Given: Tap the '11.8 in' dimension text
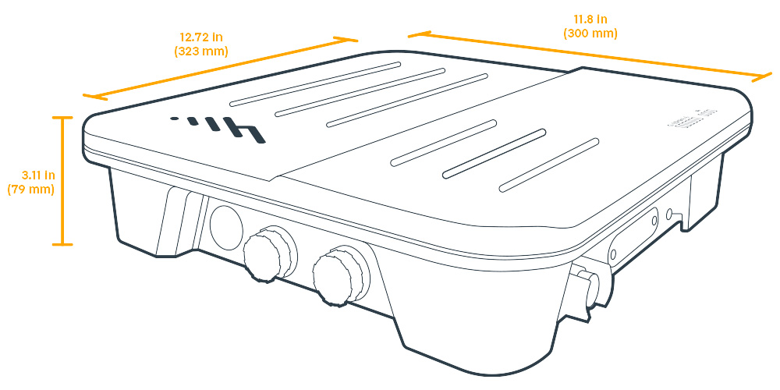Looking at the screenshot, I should click(590, 19).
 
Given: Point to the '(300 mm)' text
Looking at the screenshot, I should click(590, 33).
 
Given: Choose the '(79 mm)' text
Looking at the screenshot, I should click(31, 190).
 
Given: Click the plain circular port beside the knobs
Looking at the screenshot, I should click(225, 227).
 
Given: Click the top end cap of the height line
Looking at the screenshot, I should click(62, 117).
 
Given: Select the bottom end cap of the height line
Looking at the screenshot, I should click(62, 245).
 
